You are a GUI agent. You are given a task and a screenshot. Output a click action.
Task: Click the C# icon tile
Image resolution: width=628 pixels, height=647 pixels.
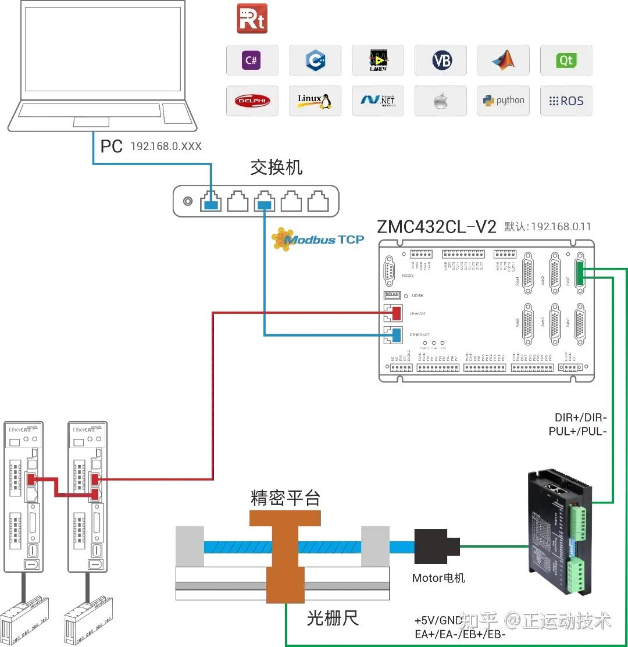pos(252,60)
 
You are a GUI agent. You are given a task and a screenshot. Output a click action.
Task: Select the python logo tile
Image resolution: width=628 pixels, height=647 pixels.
pos(504,101)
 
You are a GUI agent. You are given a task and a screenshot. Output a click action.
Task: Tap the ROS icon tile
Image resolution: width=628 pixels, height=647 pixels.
pos(566,101)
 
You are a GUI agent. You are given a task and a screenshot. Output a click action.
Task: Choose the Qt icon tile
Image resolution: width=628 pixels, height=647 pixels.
pos(566,60)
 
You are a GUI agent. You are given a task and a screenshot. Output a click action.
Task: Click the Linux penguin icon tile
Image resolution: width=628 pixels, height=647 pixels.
pos(315,101)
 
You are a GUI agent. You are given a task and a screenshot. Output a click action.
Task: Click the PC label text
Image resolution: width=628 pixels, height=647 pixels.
pos(112,146)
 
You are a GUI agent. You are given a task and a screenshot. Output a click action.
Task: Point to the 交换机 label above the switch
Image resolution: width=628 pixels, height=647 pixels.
pos(276,168)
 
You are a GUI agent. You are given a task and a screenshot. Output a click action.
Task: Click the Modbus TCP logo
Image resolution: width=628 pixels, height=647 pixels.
pos(319,239)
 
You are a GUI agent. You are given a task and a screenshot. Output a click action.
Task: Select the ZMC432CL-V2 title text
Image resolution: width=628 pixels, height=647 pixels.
pos(436,226)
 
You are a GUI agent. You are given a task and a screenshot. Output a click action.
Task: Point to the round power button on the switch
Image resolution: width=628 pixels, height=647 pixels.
pos(187,202)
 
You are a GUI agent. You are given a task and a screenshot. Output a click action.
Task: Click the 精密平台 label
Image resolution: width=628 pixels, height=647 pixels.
pos(286,498)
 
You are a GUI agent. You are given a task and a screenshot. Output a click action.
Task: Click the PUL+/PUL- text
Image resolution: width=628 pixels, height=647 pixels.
pos(577,431)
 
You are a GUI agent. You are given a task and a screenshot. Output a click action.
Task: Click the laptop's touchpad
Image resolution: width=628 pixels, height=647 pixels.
pos(91,121)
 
